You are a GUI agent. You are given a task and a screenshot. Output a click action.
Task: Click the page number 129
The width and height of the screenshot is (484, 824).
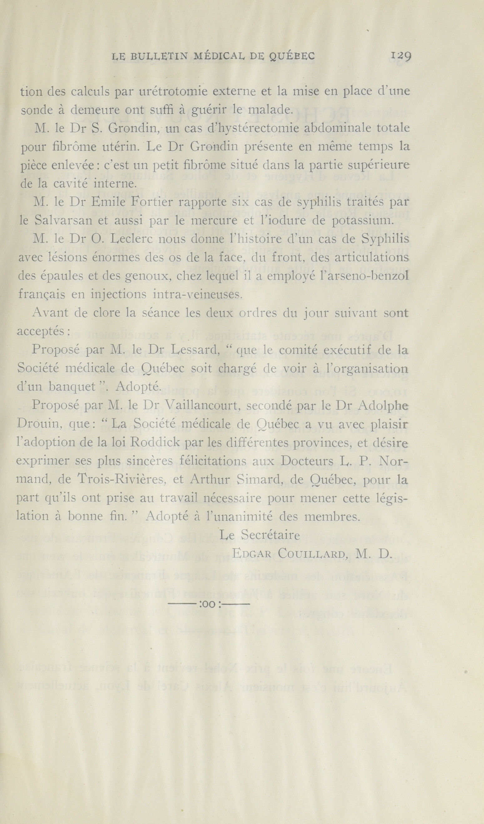pos(401,56)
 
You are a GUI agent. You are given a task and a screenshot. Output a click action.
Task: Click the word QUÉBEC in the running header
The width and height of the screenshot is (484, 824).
pos(292,57)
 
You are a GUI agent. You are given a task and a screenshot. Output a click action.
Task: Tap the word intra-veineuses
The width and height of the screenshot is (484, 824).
pos(197,295)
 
